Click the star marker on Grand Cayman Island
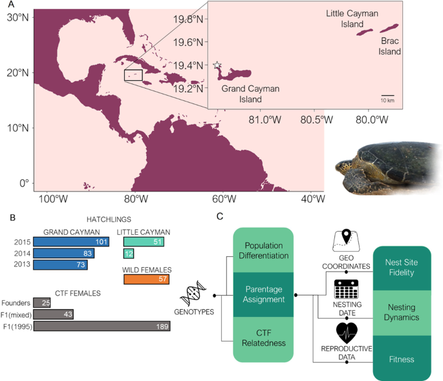[x=217, y=65]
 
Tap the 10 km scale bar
[x=387, y=96]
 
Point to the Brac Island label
[x=390, y=47]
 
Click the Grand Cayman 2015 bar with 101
[x=70, y=242]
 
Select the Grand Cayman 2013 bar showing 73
[x=60, y=265]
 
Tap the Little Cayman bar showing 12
[x=128, y=254]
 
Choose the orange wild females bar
[x=146, y=279]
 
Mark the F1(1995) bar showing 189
[x=102, y=326]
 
